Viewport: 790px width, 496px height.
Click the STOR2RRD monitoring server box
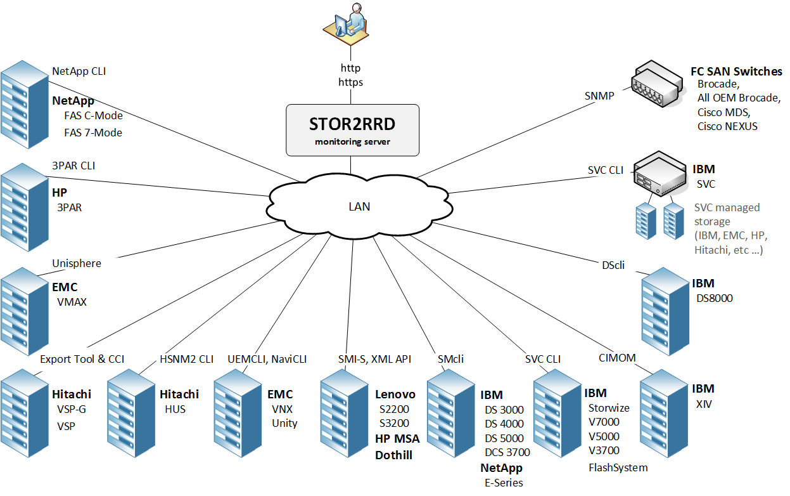click(352, 129)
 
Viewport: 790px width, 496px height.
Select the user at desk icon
click(346, 29)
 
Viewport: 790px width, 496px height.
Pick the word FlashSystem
click(618, 468)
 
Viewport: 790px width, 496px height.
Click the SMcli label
click(450, 359)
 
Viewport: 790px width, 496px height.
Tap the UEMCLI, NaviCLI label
click(267, 359)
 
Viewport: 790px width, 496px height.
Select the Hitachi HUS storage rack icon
click(131, 415)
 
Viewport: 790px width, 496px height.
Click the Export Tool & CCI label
click(82, 359)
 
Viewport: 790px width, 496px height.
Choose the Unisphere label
click(76, 263)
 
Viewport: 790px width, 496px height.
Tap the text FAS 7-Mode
click(93, 133)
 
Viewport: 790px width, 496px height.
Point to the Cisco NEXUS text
click(727, 126)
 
